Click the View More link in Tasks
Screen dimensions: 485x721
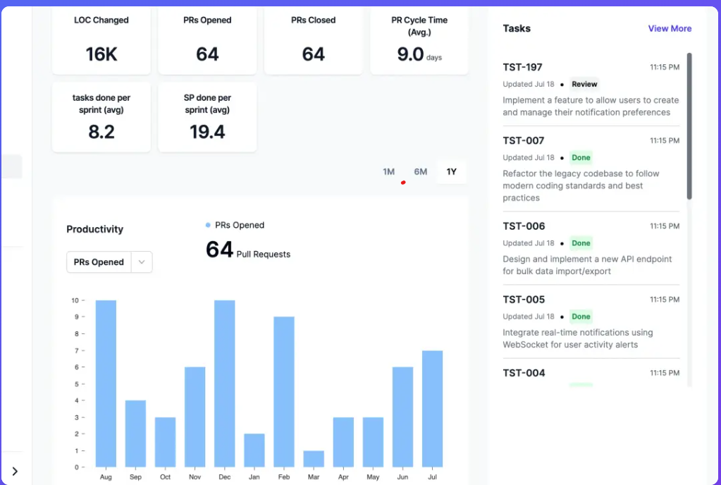(x=670, y=29)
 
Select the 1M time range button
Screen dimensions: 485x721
(x=388, y=172)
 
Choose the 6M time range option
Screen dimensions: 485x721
(x=421, y=172)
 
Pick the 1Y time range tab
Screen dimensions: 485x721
(x=452, y=172)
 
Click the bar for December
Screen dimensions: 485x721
(x=224, y=383)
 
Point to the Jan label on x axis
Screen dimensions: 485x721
(x=254, y=477)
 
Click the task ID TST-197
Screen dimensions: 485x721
(x=522, y=68)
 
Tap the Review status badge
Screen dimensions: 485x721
(x=584, y=85)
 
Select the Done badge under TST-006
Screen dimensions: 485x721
(x=581, y=243)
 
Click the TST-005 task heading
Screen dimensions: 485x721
(x=524, y=300)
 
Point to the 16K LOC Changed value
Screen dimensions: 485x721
(x=101, y=54)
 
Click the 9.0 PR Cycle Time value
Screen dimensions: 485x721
(x=410, y=54)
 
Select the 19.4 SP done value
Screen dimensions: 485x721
(x=207, y=132)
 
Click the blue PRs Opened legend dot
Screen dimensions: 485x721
(x=208, y=226)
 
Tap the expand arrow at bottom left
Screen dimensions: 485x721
(x=15, y=471)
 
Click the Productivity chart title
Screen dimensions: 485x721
(x=94, y=229)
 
